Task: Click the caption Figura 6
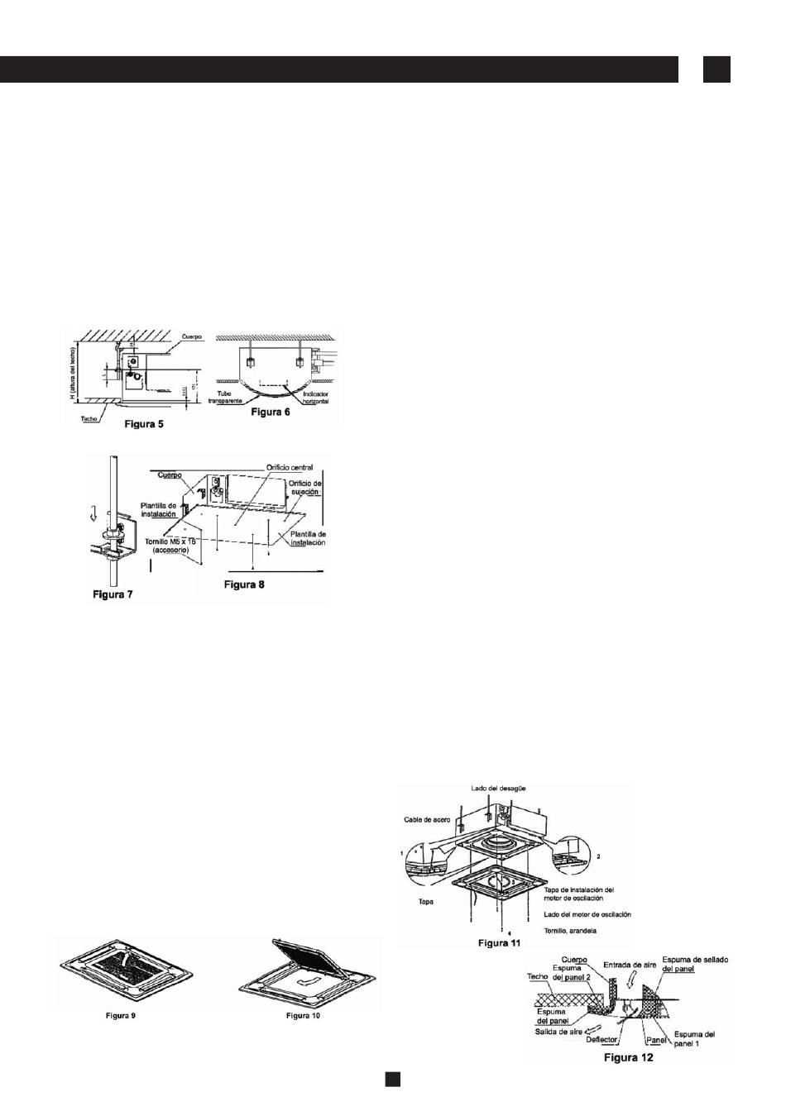tap(271, 412)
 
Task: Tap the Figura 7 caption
tap(110, 594)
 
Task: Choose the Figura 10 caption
tap(303, 1016)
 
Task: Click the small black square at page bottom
tap(393, 1080)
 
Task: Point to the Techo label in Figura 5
tap(90, 421)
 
